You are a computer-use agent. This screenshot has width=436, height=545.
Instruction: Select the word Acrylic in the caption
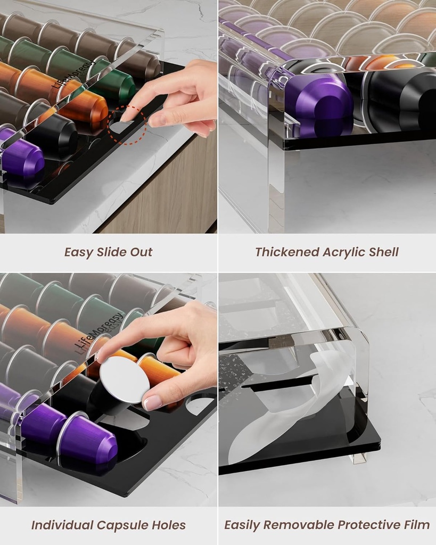pyautogui.click(x=342, y=252)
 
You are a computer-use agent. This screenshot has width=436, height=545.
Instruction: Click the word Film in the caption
pyautogui.click(x=415, y=525)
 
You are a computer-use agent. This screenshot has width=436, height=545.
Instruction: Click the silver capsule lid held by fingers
pyautogui.click(x=124, y=378)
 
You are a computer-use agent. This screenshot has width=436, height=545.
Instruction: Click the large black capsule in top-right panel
pyautogui.click(x=399, y=101)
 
